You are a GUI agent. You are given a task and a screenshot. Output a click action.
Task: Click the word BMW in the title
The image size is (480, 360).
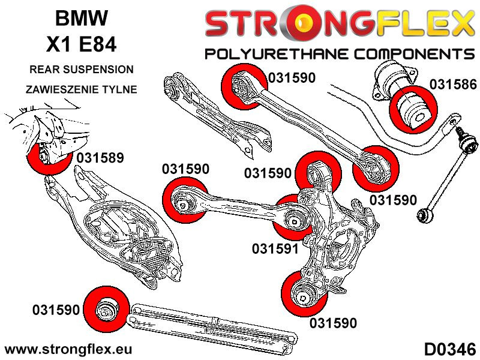pyautogui.click(x=82, y=18)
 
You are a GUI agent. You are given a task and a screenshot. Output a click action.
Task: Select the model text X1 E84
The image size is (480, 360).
pyautogui.click(x=82, y=45)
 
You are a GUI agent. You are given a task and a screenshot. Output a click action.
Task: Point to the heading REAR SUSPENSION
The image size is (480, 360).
pyautogui.click(x=82, y=70)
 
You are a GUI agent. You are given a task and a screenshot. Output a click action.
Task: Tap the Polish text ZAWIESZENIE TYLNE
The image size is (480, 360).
pyautogui.click(x=82, y=89)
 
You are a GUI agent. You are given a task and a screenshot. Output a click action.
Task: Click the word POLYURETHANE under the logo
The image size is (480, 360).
pyautogui.click(x=280, y=54)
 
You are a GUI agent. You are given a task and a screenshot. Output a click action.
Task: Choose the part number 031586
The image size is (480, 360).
pyautogui.click(x=454, y=85)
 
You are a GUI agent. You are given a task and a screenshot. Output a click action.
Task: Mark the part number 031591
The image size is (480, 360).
pyautogui.click(x=275, y=248)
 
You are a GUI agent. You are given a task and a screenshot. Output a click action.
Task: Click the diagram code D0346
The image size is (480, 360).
pyautogui.click(x=449, y=349)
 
